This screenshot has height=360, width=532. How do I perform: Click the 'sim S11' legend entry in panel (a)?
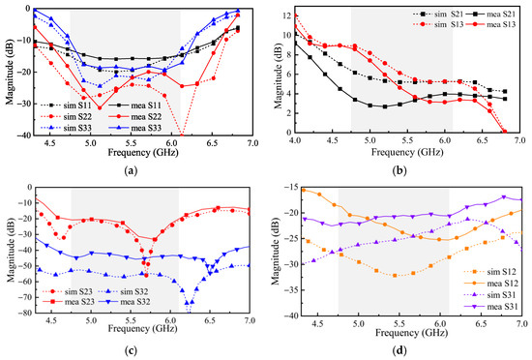point(66,105)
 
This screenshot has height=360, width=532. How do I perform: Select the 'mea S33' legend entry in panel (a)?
point(135,128)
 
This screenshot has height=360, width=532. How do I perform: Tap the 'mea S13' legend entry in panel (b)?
point(489,24)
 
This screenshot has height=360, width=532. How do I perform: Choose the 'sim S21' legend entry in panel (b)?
point(438,15)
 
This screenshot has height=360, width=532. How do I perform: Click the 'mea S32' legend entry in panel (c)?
point(125,301)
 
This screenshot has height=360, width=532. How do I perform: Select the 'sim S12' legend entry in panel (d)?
point(490,272)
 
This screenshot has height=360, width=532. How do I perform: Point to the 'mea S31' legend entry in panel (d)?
point(491,307)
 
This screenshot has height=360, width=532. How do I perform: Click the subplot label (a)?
point(131,170)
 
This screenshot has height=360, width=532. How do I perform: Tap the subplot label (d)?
point(399,350)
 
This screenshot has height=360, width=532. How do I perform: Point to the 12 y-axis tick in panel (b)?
point(287,15)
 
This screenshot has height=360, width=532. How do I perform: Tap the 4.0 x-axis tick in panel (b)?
point(295,140)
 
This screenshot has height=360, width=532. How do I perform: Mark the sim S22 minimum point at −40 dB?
point(182,135)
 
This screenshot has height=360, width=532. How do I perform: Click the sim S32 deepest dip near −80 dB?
point(190,312)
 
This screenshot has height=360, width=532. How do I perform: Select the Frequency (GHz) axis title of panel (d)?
point(411,333)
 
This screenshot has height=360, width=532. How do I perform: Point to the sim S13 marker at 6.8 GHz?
point(505,132)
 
